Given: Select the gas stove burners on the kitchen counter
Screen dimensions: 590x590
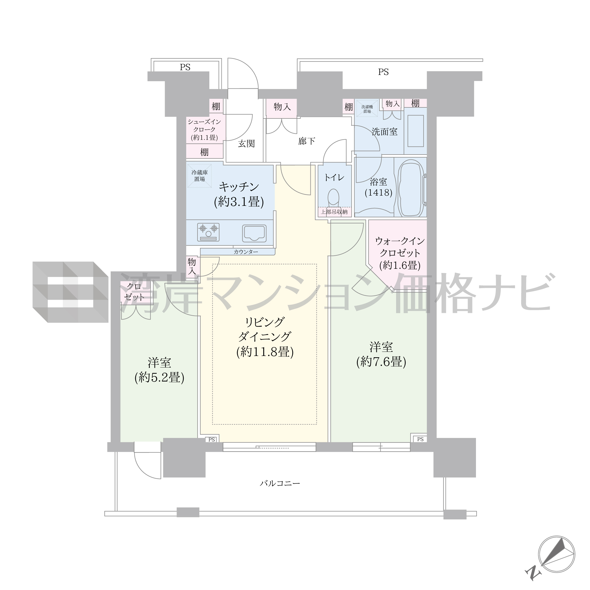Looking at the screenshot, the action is (208, 232).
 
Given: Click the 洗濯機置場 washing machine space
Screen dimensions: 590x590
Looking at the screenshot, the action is (367, 109).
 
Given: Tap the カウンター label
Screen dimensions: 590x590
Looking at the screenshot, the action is (246, 252).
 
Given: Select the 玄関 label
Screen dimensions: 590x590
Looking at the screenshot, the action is (246, 144).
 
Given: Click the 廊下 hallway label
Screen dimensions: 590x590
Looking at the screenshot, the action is (307, 141).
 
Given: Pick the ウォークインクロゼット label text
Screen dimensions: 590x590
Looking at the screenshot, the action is (400, 247).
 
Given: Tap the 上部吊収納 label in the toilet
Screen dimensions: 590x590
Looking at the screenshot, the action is (334, 212).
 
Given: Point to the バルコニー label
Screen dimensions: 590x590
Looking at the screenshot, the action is (280, 483).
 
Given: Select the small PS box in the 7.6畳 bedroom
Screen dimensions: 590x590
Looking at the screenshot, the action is (420, 439).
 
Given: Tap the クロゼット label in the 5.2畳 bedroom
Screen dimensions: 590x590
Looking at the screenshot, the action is (134, 292).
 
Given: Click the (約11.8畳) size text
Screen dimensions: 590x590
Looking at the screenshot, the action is (265, 352).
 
